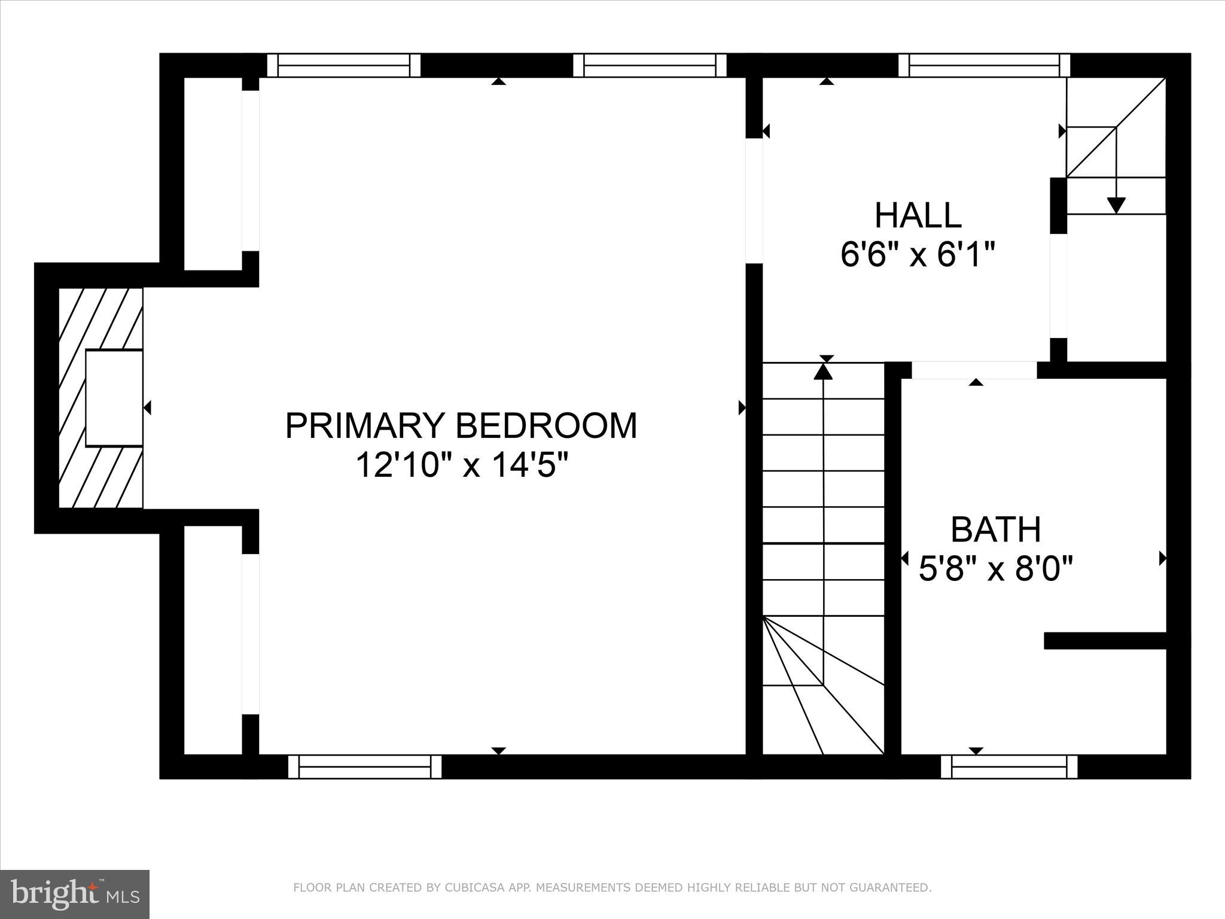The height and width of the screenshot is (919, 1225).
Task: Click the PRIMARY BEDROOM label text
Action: (x=461, y=426)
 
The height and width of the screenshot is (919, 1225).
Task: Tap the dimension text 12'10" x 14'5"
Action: (x=461, y=465)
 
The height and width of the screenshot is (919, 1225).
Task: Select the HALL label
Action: (x=918, y=215)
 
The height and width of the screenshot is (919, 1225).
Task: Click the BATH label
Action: (x=995, y=530)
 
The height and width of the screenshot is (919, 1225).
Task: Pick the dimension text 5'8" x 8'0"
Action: (x=995, y=568)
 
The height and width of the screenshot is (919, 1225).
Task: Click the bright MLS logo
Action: (x=74, y=894)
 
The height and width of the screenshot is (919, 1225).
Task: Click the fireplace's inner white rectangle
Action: (x=114, y=398)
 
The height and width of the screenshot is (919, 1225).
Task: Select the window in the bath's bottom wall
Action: (x=1008, y=766)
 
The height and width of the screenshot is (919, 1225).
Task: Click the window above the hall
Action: (x=983, y=65)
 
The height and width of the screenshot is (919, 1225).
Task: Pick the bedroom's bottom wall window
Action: (x=364, y=766)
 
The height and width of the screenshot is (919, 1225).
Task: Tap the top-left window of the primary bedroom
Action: (x=343, y=65)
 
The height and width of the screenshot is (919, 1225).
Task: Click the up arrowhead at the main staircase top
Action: (x=824, y=372)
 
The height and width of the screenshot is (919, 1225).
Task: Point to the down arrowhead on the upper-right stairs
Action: (x=1116, y=205)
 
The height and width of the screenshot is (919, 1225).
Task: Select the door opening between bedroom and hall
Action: (x=754, y=201)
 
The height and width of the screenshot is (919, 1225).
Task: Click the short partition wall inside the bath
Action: (x=1105, y=641)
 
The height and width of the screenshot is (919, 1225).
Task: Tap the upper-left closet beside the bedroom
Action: (x=212, y=174)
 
